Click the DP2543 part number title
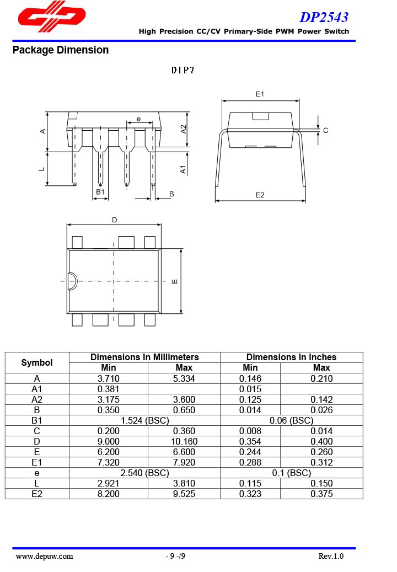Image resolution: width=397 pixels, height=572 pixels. [x=324, y=17]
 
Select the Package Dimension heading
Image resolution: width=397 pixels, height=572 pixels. [x=61, y=50]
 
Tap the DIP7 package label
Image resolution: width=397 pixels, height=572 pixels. [x=183, y=70]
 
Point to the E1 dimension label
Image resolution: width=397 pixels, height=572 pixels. [x=260, y=94]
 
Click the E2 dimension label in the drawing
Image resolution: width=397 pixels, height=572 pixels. [x=260, y=195]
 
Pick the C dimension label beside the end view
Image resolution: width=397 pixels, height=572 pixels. [x=325, y=131]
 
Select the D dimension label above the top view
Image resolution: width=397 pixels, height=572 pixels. [x=115, y=220]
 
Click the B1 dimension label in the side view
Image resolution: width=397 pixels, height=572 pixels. [x=100, y=192]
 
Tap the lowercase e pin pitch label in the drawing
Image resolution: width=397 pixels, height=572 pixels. [x=138, y=119]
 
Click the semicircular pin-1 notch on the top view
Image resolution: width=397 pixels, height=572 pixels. [x=72, y=281]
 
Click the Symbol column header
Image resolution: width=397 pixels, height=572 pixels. [x=37, y=362]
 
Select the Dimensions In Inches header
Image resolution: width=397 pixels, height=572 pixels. [x=291, y=357]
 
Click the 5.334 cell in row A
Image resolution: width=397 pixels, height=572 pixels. [x=184, y=378]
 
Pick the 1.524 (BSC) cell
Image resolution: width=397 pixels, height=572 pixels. [x=144, y=420]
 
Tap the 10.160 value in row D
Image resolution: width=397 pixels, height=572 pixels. [x=184, y=441]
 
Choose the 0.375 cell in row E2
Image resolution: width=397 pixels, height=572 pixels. [x=321, y=494]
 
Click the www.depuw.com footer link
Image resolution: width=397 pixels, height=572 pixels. [x=44, y=556]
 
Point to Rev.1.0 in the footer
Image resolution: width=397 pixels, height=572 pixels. [x=331, y=556]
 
